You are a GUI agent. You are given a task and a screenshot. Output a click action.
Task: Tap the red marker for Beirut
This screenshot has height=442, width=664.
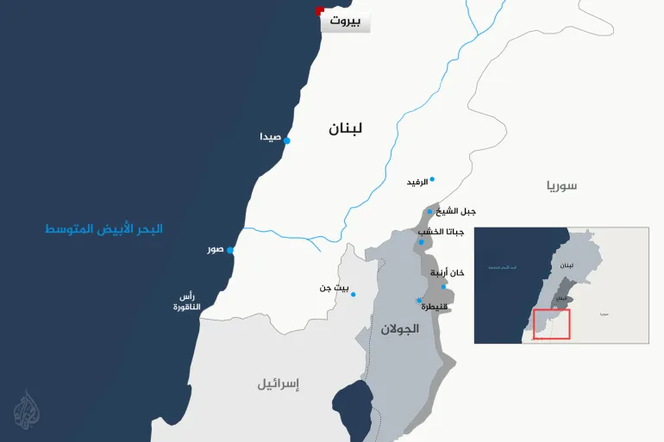[320, 11]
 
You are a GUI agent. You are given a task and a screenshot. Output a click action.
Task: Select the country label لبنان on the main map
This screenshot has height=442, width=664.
[345, 128]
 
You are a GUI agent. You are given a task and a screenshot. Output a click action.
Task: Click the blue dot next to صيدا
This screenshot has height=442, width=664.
[287, 140]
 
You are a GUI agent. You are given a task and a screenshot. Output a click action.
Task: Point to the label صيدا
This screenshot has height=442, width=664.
[270, 138]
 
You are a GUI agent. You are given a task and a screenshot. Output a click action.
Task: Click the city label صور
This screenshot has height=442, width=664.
[215, 250]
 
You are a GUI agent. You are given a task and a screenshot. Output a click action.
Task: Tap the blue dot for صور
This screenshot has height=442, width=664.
[230, 251]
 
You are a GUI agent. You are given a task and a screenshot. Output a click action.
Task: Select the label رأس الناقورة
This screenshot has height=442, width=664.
[186, 302]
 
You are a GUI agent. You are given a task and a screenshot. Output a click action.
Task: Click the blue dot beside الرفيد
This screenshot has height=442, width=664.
[432, 179]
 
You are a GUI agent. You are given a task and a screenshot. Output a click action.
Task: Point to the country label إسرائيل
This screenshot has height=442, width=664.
[278, 383]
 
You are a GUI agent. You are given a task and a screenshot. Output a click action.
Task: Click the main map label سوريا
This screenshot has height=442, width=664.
[561, 185]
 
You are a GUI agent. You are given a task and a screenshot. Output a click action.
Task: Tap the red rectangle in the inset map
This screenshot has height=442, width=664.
[552, 323]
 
